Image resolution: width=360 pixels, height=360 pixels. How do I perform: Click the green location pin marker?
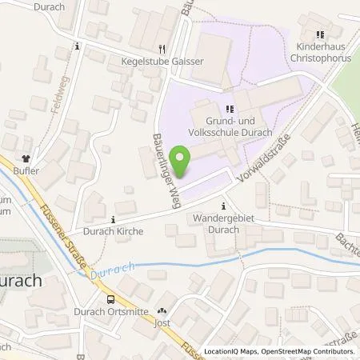182,163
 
